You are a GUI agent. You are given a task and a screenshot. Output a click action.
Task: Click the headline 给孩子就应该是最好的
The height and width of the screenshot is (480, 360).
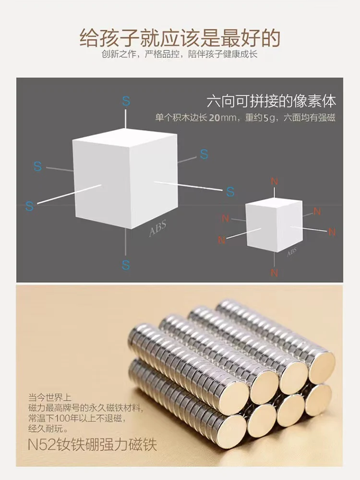(180, 37)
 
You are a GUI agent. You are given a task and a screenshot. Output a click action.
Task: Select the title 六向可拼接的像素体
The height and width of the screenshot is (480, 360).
(271, 101)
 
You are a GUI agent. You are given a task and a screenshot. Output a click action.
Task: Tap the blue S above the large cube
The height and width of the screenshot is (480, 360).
(126, 101)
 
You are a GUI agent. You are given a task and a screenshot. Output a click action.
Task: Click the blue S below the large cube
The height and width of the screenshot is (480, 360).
(126, 265)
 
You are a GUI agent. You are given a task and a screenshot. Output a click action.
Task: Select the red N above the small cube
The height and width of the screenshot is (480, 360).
(274, 181)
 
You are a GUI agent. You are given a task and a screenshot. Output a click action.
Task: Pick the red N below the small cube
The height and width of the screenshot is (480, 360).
(274, 273)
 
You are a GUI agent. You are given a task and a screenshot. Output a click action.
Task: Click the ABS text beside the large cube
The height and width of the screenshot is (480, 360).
(157, 229)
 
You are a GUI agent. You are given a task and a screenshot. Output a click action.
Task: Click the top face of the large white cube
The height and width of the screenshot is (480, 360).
(125, 136)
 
